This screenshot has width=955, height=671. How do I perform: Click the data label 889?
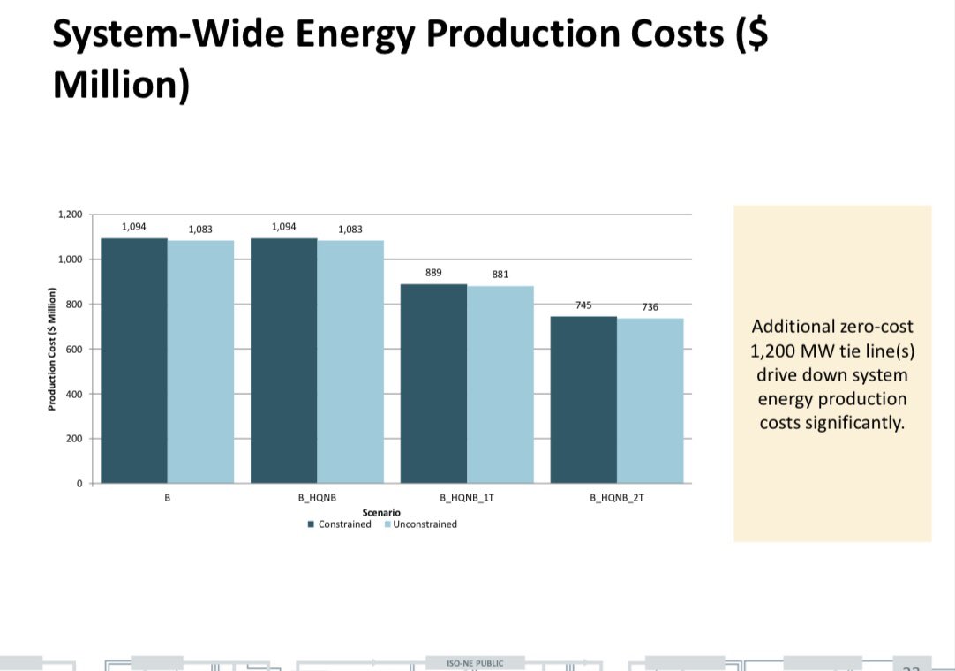(x=433, y=273)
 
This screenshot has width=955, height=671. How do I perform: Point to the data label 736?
(x=650, y=307)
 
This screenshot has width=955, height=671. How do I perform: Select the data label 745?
(x=583, y=305)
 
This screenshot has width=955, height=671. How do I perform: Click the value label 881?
(x=500, y=275)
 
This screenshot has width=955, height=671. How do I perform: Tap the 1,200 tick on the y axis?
(x=70, y=215)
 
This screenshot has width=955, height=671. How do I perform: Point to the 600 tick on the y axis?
(x=74, y=350)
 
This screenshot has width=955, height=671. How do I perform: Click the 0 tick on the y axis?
(x=79, y=484)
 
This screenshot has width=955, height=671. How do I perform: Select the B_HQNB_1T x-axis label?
(x=467, y=498)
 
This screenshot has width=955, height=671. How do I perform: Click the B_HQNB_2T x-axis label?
(x=617, y=498)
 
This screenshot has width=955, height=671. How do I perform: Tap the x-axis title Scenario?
(x=381, y=512)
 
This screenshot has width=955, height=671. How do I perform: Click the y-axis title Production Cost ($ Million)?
(x=52, y=350)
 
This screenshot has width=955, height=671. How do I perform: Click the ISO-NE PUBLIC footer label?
(x=477, y=663)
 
